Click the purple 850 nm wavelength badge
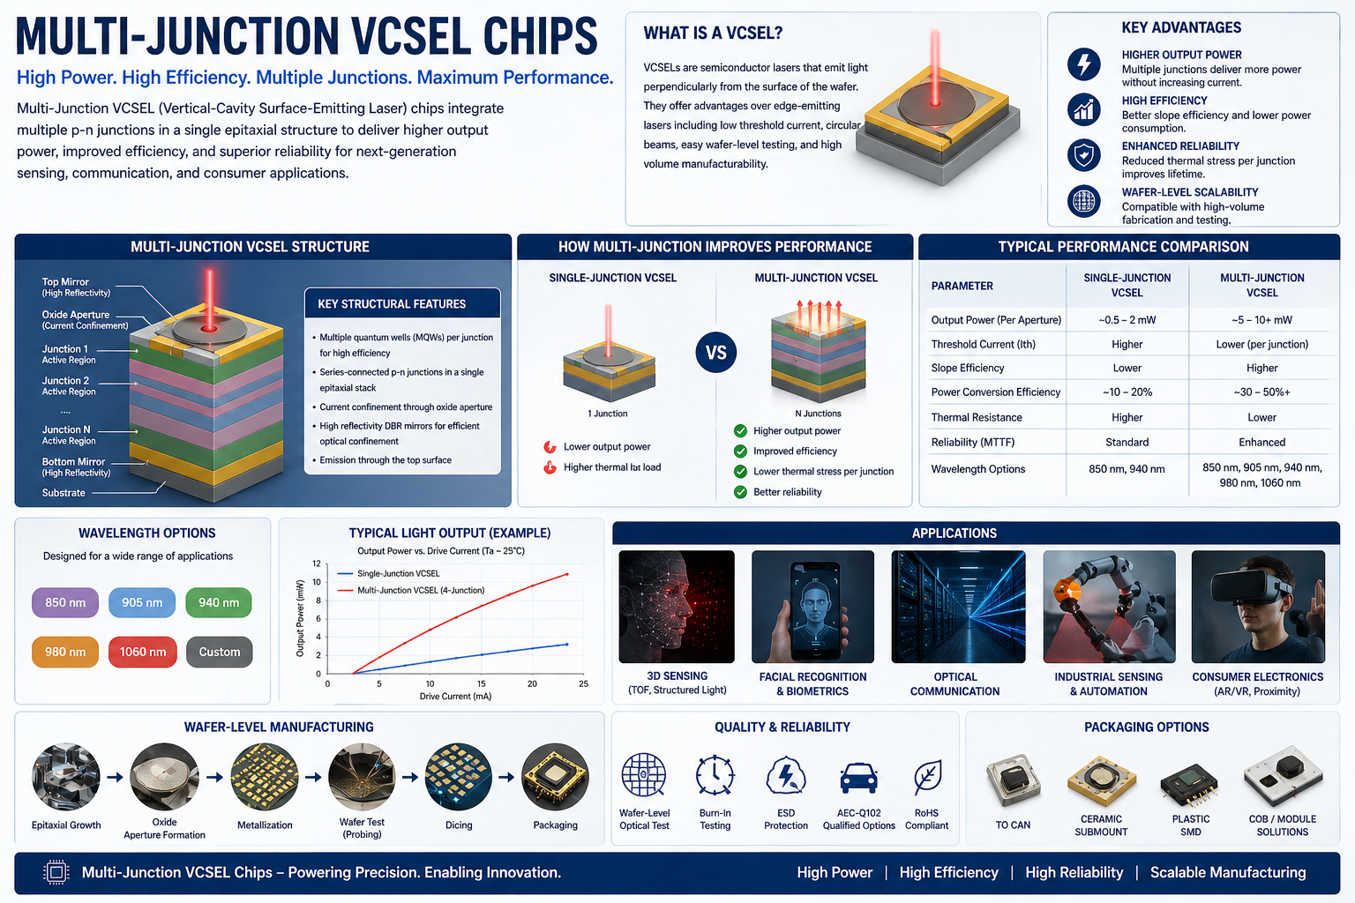[x=65, y=602]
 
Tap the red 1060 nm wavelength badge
[x=142, y=652]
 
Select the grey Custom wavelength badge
[x=219, y=652]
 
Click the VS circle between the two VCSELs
[x=716, y=353]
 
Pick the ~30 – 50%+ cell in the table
[x=1261, y=392]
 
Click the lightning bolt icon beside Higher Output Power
[x=1084, y=64]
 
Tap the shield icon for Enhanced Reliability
[x=1084, y=155]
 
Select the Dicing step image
[x=458, y=777]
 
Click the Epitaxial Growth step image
[x=66, y=777]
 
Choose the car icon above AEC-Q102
[x=858, y=777]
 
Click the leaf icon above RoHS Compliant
[x=926, y=777]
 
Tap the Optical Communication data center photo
[x=958, y=607]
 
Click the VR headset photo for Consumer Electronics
[x=1258, y=607]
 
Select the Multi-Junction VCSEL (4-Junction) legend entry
[x=420, y=590]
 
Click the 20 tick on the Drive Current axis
[x=533, y=683]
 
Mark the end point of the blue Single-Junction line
[x=566, y=645]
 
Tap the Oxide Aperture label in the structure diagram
[x=77, y=315]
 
